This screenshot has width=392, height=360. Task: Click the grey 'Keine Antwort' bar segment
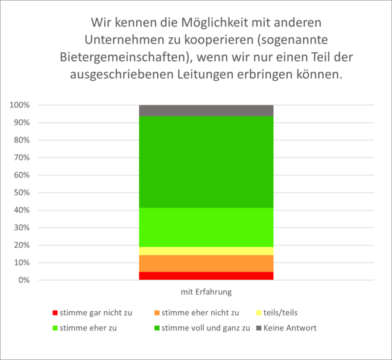tap(206, 110)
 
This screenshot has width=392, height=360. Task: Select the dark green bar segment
tap(206, 162)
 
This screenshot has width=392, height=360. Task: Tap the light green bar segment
tap(206, 227)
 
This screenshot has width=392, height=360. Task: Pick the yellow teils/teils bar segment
tap(206, 251)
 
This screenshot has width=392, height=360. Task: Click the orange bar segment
tap(206, 264)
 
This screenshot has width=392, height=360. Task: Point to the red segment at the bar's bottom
tap(206, 276)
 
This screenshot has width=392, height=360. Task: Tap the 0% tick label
tap(24, 280)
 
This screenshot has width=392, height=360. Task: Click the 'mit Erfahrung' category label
tap(206, 292)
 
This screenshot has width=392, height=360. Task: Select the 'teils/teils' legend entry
tap(280, 312)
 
